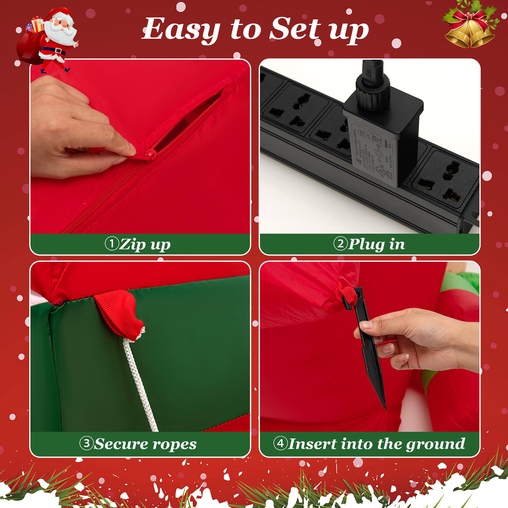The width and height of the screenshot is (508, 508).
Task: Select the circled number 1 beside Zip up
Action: tap(112, 244)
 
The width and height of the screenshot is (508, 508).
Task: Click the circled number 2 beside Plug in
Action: tap(340, 244)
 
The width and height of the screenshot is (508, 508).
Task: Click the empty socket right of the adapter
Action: tap(444, 181)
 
